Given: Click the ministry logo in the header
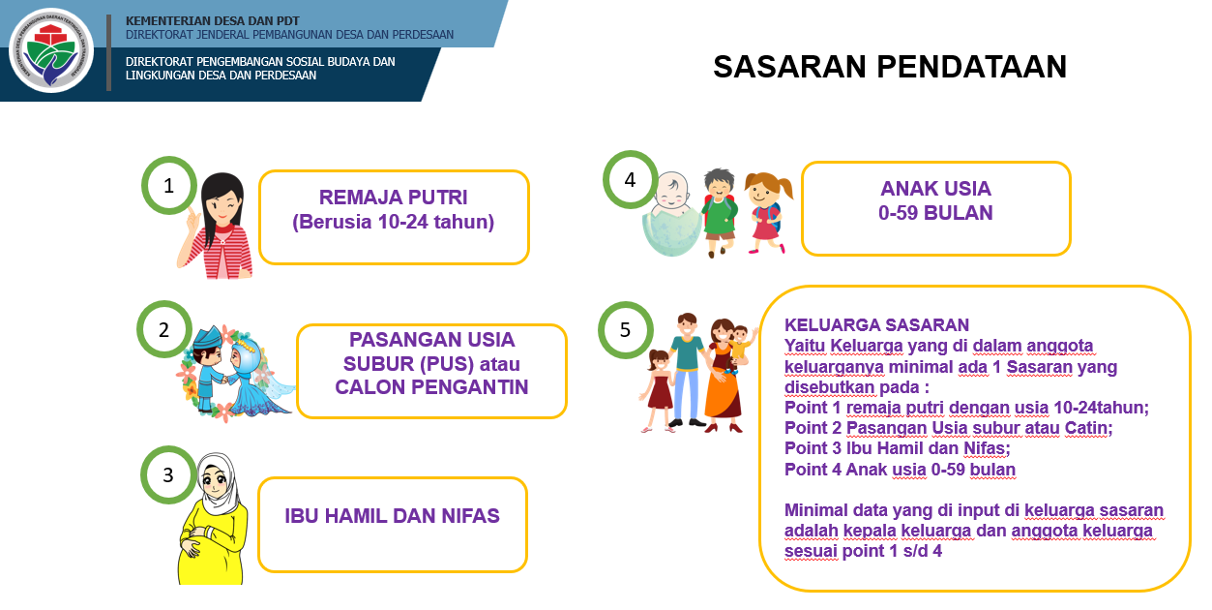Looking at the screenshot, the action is [51, 50].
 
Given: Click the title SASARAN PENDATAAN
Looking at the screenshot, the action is [890, 67].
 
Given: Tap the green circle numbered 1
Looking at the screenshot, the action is [169, 185].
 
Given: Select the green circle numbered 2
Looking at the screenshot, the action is [163, 329].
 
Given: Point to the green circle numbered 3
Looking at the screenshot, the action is [168, 474].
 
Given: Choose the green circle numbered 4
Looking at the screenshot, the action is [631, 179].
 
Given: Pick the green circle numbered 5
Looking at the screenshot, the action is [626, 329].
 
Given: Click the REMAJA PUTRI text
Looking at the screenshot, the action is [394, 198].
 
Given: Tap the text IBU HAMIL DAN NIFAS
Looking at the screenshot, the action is [393, 516].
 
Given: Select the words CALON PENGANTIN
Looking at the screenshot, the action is [431, 386].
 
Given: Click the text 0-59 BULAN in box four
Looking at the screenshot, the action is [935, 213].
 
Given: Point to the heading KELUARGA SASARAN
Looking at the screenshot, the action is [876, 324].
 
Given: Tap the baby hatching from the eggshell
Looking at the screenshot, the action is [671, 214].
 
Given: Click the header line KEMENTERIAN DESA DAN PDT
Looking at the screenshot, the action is [212, 20].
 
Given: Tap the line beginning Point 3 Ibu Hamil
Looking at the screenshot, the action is [897, 448].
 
